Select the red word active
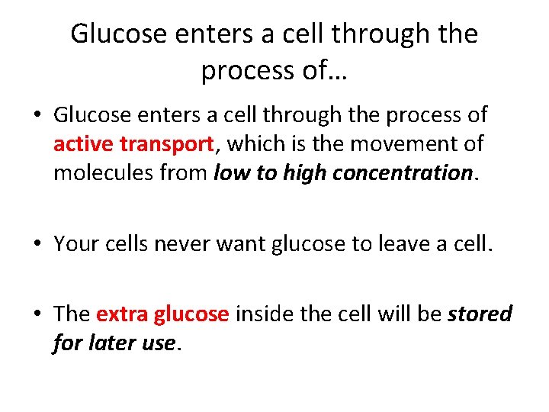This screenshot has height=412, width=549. (82, 143)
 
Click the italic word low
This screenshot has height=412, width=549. (230, 172)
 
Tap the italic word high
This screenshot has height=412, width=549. (303, 173)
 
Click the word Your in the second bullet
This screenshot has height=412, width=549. (74, 243)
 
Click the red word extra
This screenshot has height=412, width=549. (122, 314)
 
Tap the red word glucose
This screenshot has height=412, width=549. (191, 315)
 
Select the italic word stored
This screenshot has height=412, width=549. (480, 314)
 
